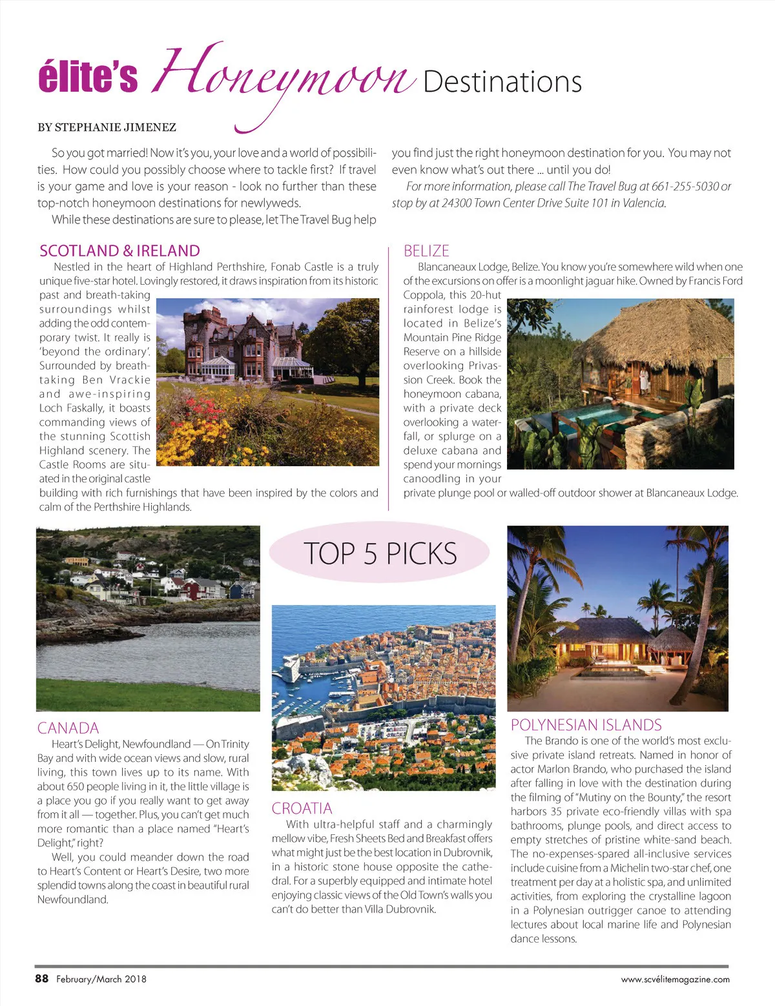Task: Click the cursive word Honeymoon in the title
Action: pos(284,77)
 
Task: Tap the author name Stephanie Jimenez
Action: pos(107,127)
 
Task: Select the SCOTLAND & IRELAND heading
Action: pos(119,251)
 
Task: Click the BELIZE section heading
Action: pos(426,251)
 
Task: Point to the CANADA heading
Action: pos(68,728)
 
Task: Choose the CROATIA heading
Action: pos(302,808)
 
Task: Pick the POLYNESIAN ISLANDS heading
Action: pos(586,724)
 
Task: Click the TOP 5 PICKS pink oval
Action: pos(379,553)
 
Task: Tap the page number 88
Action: pos(42,978)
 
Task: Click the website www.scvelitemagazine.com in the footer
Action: pos(675,979)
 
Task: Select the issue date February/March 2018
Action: pos(101,979)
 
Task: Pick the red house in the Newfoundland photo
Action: pos(192,589)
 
